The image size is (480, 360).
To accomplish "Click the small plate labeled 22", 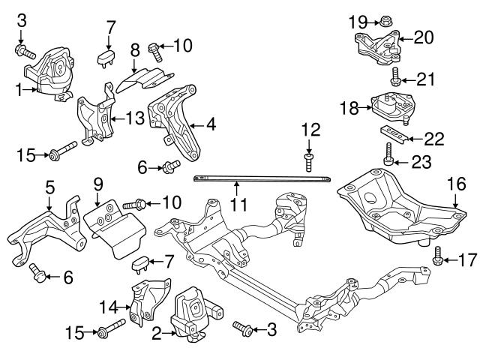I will pos(394,133).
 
